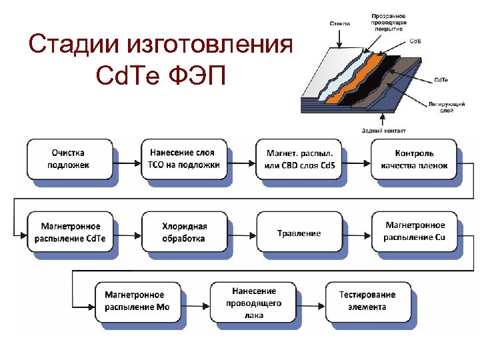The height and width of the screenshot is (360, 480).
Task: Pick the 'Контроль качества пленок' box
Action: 415,159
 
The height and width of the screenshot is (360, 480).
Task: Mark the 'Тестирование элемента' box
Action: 367,302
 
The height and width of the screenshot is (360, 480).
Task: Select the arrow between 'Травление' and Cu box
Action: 357,233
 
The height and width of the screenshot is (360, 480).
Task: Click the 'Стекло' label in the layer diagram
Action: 339,24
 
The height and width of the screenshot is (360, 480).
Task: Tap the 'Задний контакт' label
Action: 382,130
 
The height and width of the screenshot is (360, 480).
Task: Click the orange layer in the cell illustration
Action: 353,90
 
